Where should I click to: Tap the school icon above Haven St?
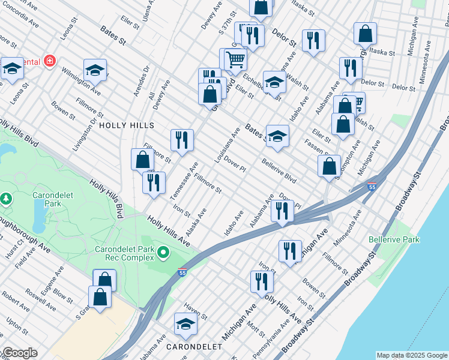coord(185,325)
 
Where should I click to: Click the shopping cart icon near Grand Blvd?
coord(236,59)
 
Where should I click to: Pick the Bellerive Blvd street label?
coord(279,171)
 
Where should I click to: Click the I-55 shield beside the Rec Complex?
coord(182,273)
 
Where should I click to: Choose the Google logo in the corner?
coord(19,353)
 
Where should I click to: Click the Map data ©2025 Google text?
coord(412,355)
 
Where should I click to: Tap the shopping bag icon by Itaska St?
coord(365,34)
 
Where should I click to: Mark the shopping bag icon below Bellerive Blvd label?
coord(329,166)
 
